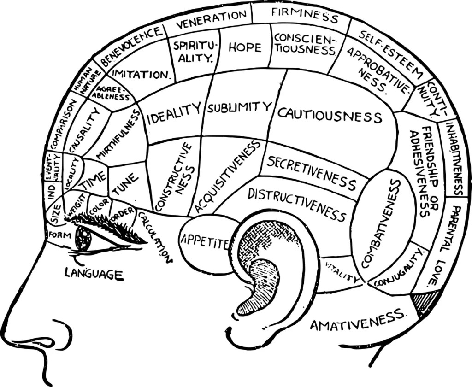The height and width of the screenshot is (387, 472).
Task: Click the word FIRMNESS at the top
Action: point(305,16)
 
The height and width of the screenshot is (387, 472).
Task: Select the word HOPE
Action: point(244,47)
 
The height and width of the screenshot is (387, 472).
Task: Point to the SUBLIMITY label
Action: point(239,108)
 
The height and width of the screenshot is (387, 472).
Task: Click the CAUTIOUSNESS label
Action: point(330,115)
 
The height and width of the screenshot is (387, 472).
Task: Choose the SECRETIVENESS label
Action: point(312,173)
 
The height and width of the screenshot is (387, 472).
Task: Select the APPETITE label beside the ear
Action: point(204,240)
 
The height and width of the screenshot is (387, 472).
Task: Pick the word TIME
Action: point(94,180)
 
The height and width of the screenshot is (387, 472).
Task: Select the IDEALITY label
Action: point(174,114)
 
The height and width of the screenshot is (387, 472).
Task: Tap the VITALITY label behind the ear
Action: point(342,272)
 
